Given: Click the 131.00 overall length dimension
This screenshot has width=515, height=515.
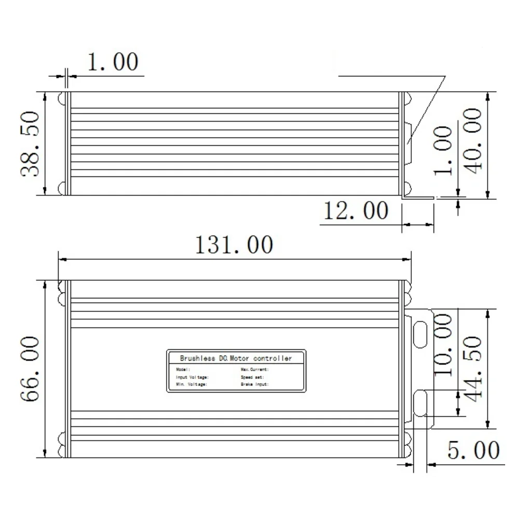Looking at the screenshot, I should [x=233, y=245].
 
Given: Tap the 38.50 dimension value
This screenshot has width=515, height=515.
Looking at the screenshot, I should [x=31, y=144].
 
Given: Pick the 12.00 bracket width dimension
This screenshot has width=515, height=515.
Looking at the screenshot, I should [x=356, y=211].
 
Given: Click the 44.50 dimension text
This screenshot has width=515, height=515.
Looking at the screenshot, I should [x=473, y=366].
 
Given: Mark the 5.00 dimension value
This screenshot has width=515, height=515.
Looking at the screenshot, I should [x=473, y=451].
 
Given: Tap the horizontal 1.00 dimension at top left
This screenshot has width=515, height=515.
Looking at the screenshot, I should [x=113, y=62].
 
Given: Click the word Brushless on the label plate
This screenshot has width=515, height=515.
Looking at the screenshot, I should [x=194, y=358].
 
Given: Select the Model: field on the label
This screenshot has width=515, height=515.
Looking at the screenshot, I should [x=184, y=369].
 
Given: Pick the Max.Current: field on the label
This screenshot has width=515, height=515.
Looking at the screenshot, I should [x=254, y=369].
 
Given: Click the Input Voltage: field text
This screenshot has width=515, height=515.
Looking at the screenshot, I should [x=192, y=377].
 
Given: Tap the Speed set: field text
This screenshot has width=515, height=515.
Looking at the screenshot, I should [x=252, y=377].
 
